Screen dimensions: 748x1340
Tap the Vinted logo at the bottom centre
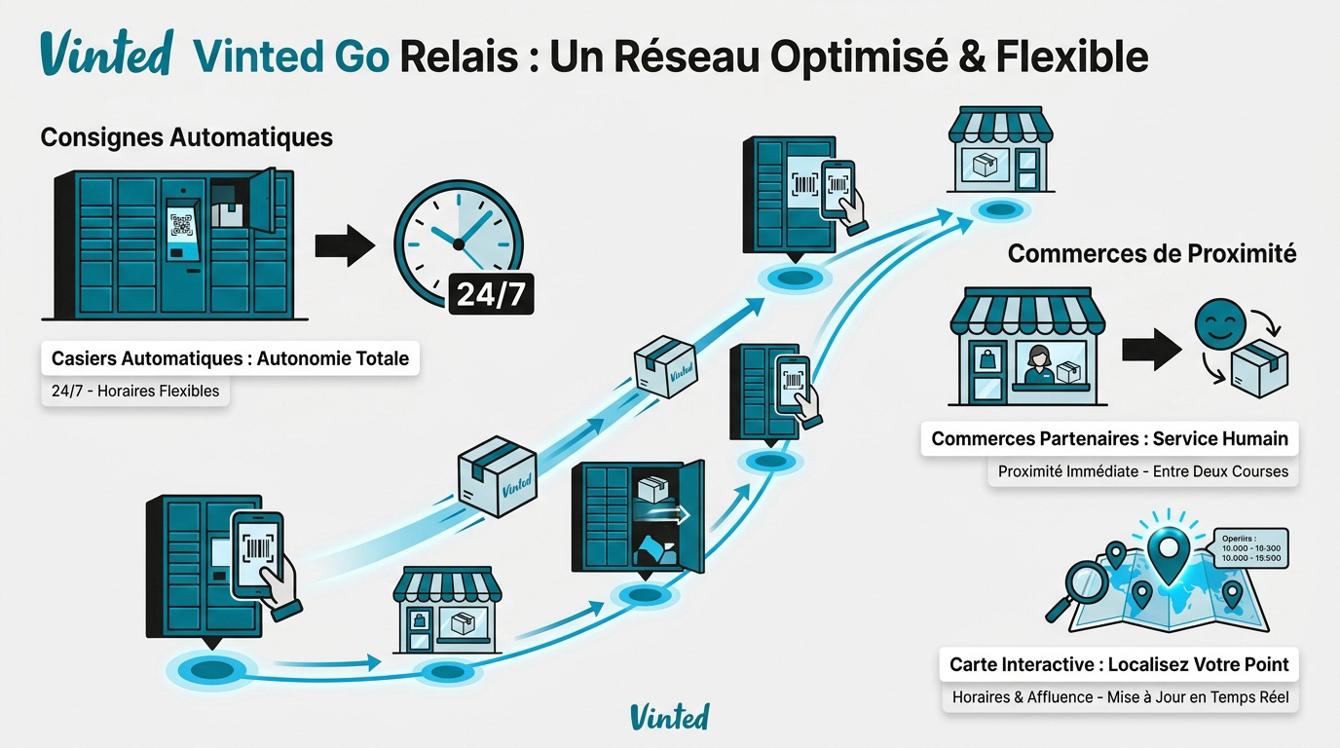[669, 717]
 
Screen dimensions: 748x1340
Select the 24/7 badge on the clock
[490, 293]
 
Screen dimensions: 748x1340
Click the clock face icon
[458, 237]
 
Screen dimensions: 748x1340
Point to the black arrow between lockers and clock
[344, 245]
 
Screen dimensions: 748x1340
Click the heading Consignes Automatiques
[186, 137]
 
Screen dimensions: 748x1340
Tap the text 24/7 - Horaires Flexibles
[134, 392]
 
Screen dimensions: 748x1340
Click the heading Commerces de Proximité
[1151, 253]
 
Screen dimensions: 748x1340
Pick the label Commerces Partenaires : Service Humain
[1109, 439]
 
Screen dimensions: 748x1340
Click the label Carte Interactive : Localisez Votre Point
[1119, 665]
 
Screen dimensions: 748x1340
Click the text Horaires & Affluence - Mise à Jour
[1120, 697]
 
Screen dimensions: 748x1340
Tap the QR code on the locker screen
[181, 225]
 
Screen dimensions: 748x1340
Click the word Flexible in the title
[1071, 56]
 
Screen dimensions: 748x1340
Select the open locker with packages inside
[638, 516]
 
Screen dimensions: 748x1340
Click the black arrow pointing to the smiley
[1151, 350]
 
